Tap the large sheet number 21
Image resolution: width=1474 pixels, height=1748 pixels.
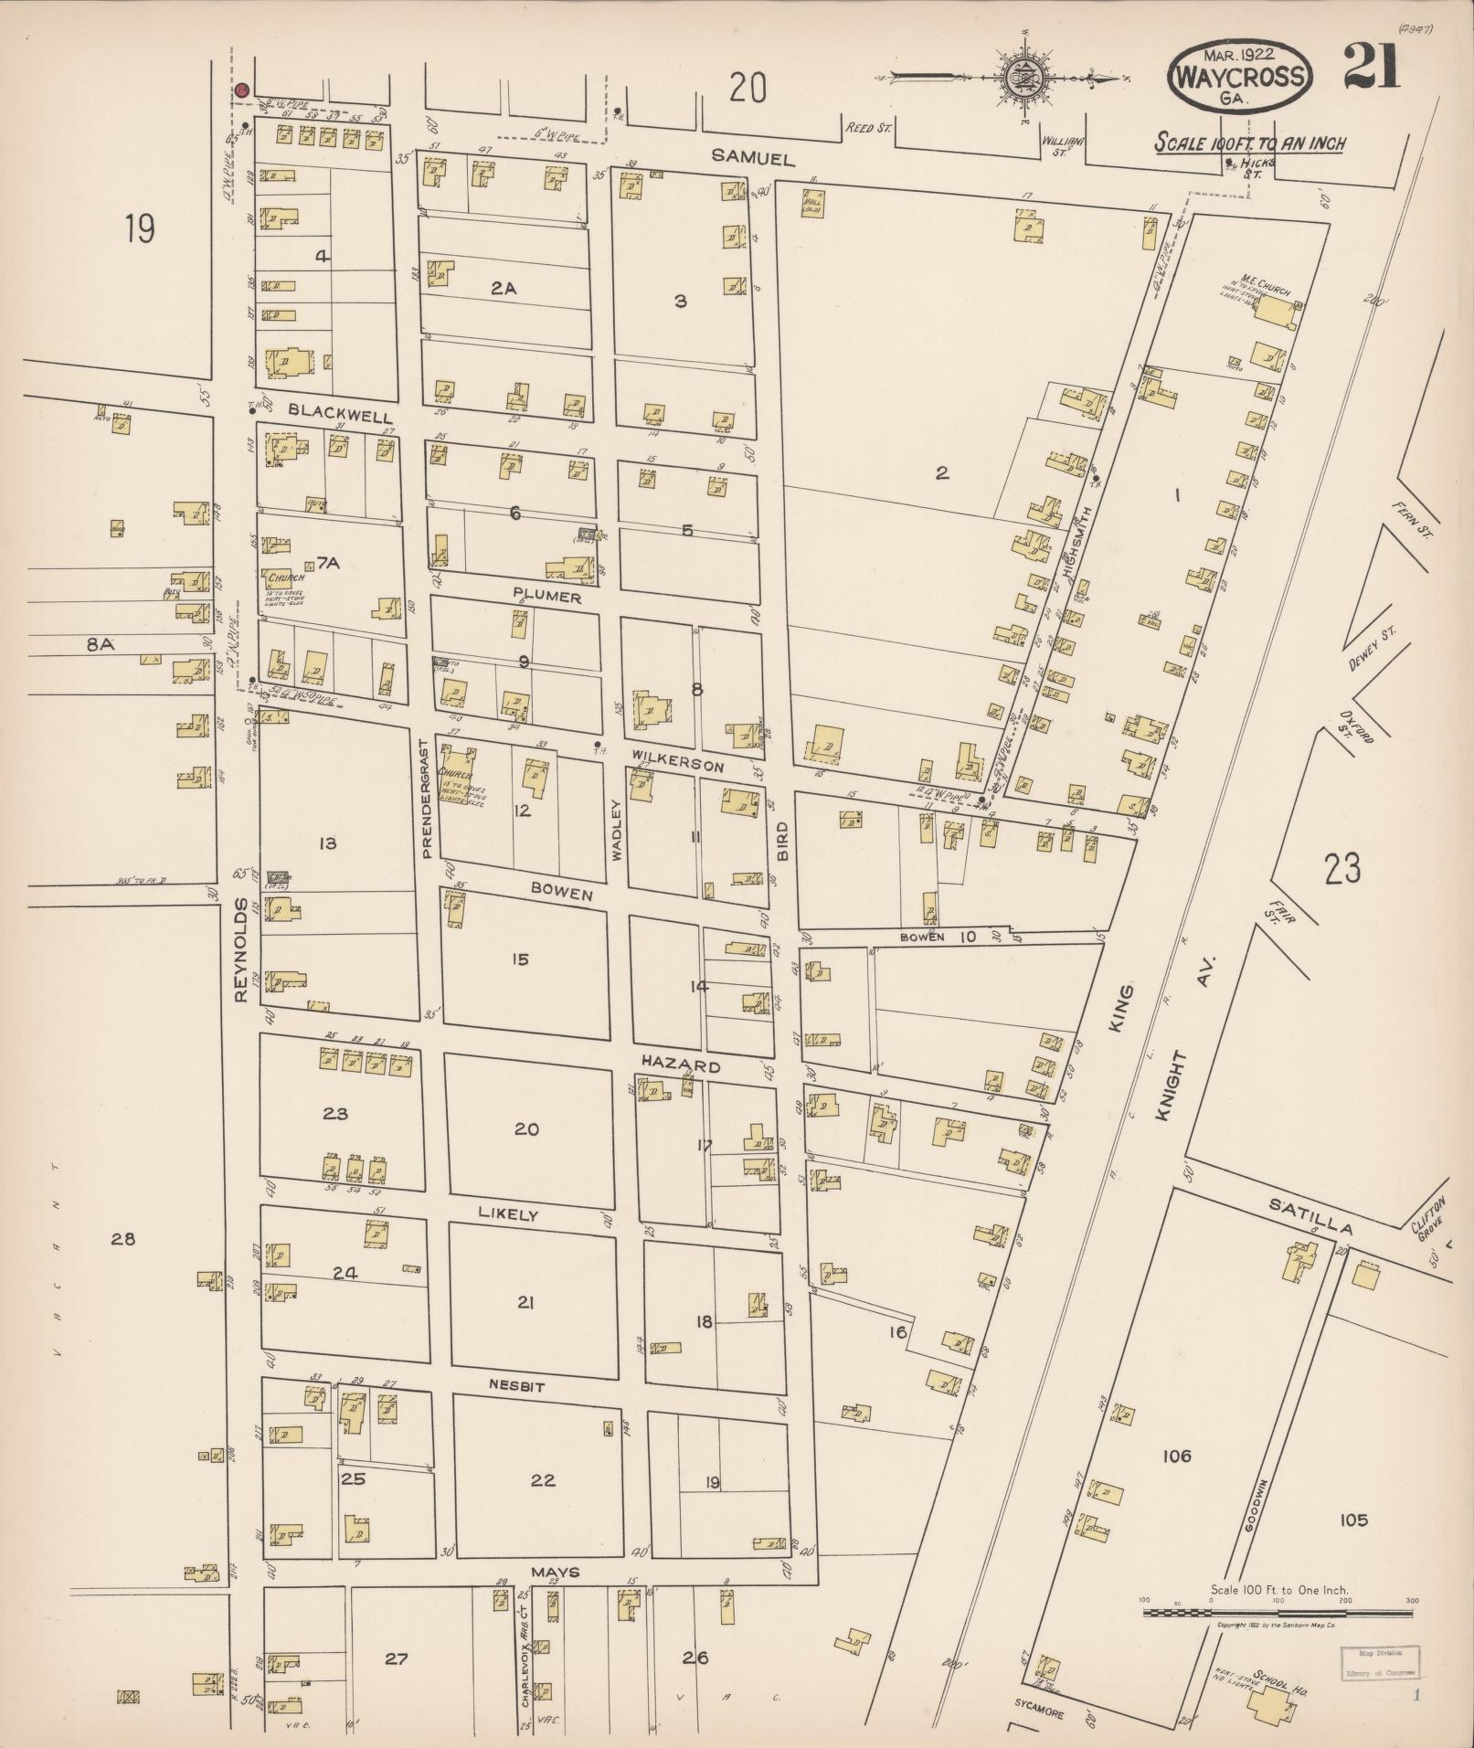[1370, 69]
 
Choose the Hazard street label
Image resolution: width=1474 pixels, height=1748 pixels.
[680, 1065]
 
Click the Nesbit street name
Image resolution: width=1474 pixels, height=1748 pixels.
[516, 1386]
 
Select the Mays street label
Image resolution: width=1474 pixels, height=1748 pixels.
[556, 1573]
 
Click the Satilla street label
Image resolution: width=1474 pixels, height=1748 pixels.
[1310, 1218]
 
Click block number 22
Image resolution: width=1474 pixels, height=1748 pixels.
[542, 1479]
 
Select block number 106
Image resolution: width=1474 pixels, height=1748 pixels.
[1176, 1455]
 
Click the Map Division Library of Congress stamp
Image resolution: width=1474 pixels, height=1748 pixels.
[1380, 1662]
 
